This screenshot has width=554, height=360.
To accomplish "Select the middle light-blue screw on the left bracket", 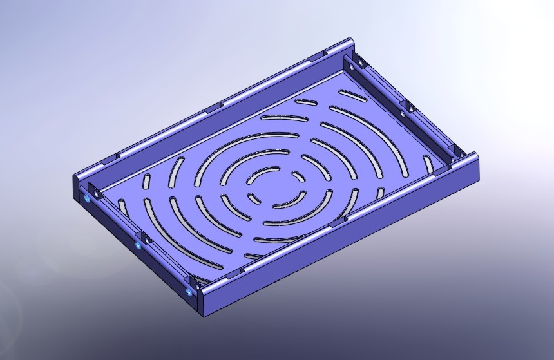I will pyautogui.click(x=138, y=246).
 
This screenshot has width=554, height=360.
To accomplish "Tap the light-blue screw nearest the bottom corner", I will pyautogui.click(x=188, y=291).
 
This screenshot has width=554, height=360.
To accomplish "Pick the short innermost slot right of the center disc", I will pyautogui.click(x=298, y=175).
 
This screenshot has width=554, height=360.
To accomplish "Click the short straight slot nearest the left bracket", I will pyautogui.click(x=146, y=180).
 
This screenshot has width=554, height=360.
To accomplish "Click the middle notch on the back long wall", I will pyautogui.click(x=214, y=107).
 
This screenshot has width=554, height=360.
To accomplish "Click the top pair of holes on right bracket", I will pyautogui.click(x=356, y=63).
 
